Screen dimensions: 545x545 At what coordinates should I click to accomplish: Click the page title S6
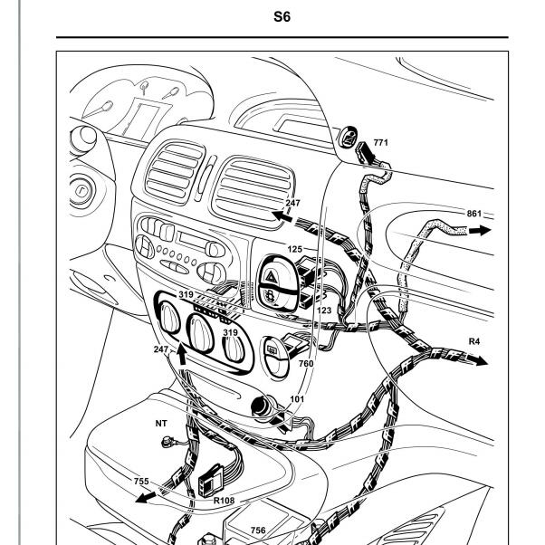click(x=282, y=16)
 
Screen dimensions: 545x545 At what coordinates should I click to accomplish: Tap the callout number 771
click(x=380, y=142)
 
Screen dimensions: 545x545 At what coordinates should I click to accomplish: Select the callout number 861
click(x=474, y=214)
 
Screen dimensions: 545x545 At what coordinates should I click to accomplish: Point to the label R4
click(x=474, y=341)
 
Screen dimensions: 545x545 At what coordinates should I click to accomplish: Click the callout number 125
click(x=295, y=249)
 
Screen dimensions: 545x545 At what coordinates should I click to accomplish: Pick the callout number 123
click(x=324, y=310)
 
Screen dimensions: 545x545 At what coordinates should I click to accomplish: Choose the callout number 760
click(x=306, y=364)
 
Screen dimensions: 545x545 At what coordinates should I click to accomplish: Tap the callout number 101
click(x=297, y=399)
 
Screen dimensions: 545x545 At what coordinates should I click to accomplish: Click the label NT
click(x=161, y=424)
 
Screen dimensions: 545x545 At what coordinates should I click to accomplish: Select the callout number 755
click(x=141, y=481)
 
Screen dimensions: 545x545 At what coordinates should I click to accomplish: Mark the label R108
click(x=224, y=501)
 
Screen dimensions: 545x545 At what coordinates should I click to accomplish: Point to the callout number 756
click(x=258, y=531)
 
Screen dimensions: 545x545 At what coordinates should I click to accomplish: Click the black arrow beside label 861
click(x=480, y=230)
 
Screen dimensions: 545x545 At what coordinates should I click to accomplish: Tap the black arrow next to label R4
click(x=478, y=359)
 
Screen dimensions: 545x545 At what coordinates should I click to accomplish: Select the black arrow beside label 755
click(x=146, y=497)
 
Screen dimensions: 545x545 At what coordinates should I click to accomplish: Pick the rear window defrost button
click(x=272, y=349)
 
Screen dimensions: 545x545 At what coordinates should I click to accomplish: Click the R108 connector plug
click(x=211, y=480)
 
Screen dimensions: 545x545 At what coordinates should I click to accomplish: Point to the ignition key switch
click(x=81, y=190)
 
